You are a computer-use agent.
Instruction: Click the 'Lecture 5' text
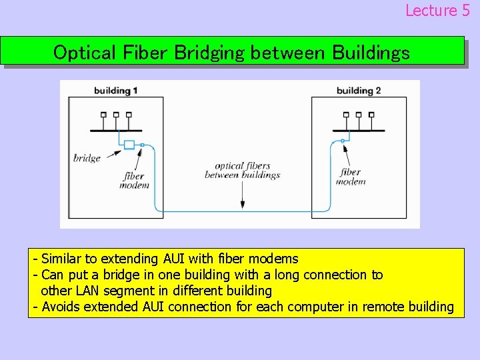click(437, 10)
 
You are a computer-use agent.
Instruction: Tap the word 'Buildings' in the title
click(371, 53)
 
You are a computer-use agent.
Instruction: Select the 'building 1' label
click(116, 90)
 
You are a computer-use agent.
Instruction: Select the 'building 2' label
click(359, 90)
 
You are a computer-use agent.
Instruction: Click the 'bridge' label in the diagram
click(87, 158)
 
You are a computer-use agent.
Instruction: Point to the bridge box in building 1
click(129, 145)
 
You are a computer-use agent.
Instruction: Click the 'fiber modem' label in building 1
click(134, 181)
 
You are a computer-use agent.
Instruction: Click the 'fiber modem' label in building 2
click(351, 177)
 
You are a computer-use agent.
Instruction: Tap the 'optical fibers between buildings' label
click(242, 170)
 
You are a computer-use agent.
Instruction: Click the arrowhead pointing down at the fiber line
click(242, 205)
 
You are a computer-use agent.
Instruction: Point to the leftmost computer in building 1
click(103, 115)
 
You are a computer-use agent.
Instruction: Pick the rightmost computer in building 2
click(371, 115)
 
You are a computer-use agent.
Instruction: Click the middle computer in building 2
click(359, 115)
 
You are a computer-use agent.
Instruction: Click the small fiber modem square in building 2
click(343, 141)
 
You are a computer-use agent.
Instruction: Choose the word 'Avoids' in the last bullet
click(61, 307)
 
